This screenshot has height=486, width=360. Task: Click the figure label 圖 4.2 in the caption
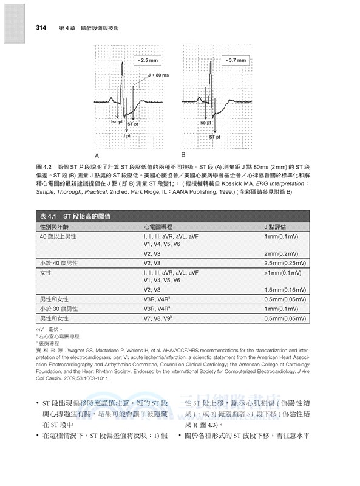click(46, 166)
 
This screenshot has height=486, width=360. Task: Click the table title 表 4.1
click(48, 216)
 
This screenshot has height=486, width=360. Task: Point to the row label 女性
click(46, 273)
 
